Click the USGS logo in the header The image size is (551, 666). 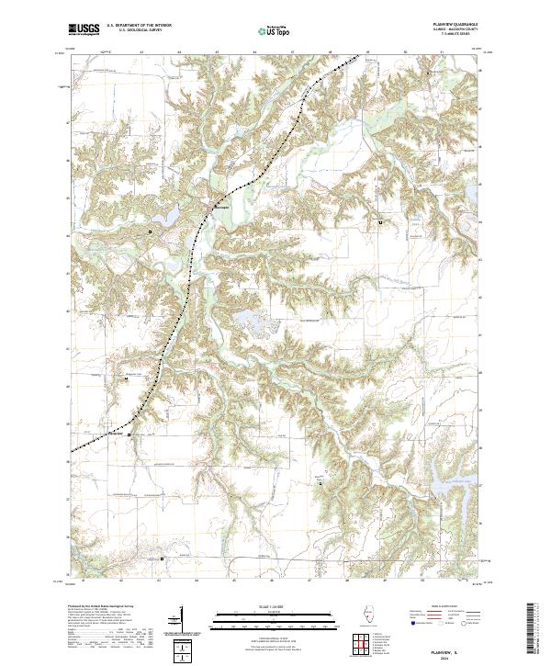click(x=84, y=29)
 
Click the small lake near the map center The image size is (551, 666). click(x=251, y=321)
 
